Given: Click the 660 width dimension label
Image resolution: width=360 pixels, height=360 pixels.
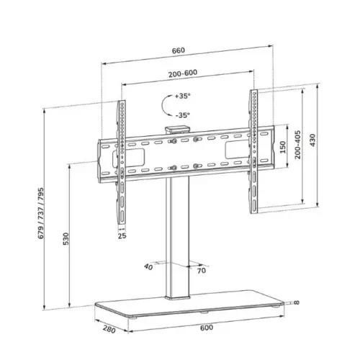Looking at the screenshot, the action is [179, 50].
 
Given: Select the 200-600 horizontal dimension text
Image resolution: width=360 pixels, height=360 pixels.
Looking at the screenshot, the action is [183, 73].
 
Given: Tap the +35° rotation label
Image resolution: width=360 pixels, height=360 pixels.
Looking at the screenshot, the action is [182, 96].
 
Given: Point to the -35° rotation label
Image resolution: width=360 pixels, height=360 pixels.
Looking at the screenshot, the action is [182, 115].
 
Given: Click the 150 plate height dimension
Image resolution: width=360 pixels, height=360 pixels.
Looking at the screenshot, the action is [283, 147].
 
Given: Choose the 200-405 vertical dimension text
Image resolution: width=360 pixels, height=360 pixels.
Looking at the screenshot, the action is [297, 145].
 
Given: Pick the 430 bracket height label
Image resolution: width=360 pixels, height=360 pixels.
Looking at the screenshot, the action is [312, 140].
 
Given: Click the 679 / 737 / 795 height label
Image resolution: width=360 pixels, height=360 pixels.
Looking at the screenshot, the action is [41, 213].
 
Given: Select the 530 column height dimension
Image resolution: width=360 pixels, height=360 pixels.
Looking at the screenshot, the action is [66, 238].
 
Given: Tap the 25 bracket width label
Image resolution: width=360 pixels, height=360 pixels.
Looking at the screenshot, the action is [122, 235].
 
